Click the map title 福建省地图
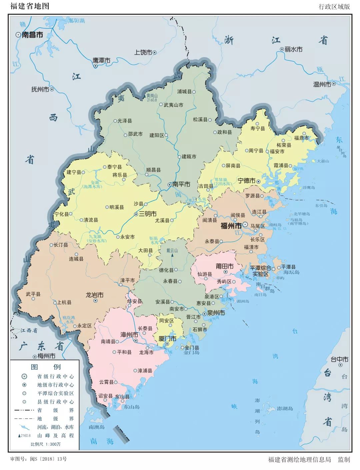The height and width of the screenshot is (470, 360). (30, 6)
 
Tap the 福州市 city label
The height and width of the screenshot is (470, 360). (231, 226)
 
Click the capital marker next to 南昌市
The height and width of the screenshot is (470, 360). (18, 35)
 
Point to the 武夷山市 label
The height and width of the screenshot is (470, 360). (173, 105)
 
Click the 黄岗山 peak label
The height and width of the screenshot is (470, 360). (152, 96)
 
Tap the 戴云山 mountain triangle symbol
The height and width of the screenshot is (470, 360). (172, 255)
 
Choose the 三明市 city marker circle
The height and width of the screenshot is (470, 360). (136, 214)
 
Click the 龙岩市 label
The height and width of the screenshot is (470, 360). (95, 295)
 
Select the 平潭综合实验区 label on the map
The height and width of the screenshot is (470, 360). (260, 271)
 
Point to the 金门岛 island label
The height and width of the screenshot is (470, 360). (191, 352)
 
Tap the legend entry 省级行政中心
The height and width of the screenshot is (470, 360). (55, 376)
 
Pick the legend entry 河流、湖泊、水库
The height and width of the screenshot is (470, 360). (55, 427)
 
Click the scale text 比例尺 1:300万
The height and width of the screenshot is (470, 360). (46, 444)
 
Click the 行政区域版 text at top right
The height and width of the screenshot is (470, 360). (334, 7)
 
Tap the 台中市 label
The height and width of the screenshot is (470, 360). (339, 359)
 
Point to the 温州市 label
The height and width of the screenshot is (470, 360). (322, 85)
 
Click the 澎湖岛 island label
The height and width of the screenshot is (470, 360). (285, 408)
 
